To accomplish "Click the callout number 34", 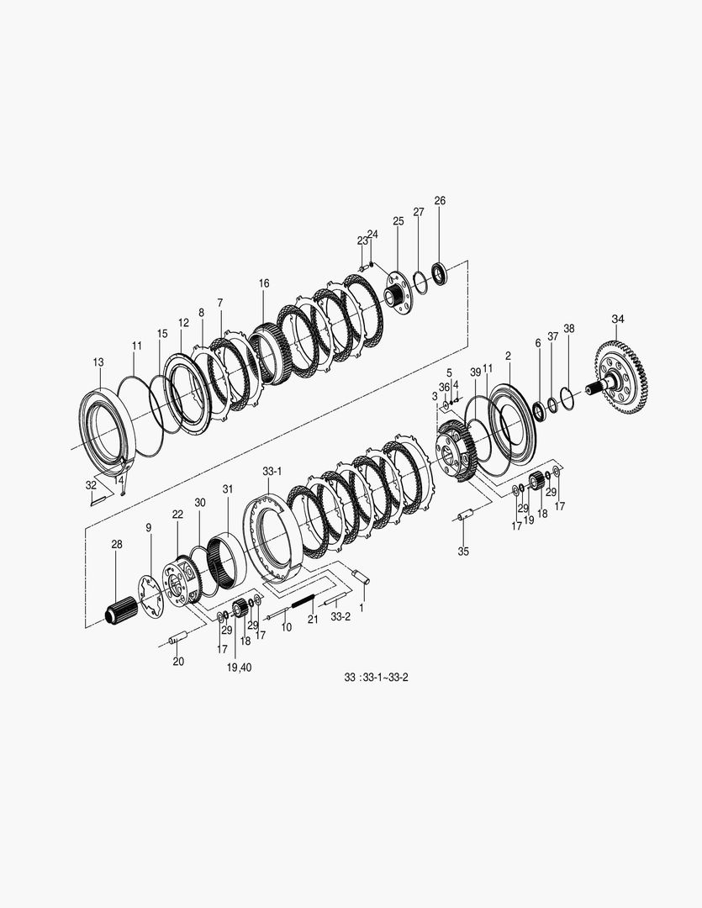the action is (618, 319).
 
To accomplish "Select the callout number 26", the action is (441, 201).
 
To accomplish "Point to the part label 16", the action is (264, 283).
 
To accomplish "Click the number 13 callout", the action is (98, 362).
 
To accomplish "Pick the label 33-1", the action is (272, 472).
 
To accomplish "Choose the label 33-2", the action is (340, 617).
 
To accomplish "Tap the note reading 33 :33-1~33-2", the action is (376, 678).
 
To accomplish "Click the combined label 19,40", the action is (240, 668).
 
